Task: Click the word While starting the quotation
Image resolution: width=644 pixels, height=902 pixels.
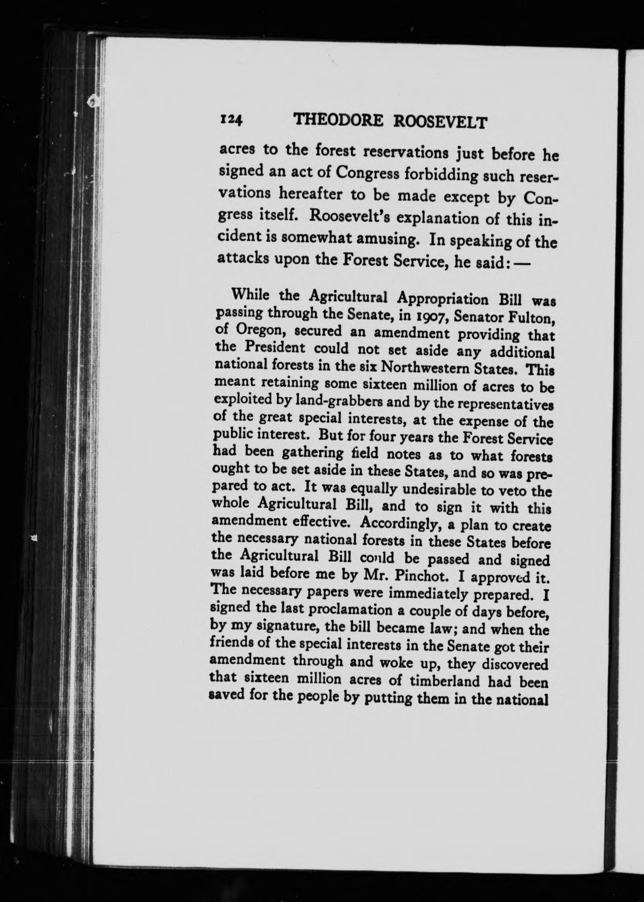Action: click(250, 296)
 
